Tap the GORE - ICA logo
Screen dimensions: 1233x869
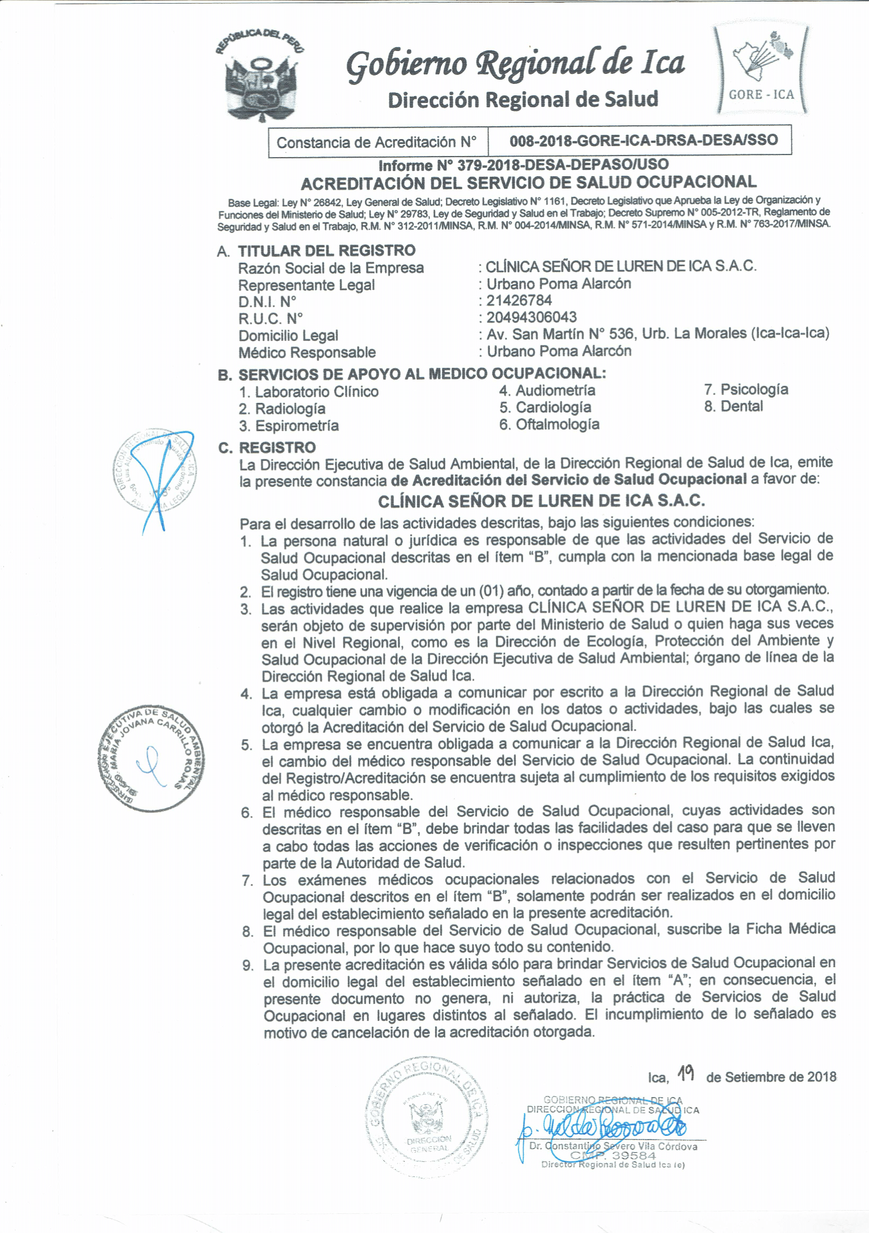(x=761, y=70)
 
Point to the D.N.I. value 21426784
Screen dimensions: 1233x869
(x=519, y=301)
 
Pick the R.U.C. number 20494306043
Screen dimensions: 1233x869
(x=531, y=318)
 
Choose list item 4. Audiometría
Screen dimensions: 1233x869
(x=547, y=390)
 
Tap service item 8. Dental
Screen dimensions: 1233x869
(x=733, y=407)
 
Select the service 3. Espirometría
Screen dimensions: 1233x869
(x=289, y=426)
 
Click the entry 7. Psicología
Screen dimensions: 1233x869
(x=746, y=389)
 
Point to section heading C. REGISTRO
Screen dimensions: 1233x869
(x=267, y=447)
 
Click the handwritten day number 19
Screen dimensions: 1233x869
(x=686, y=1074)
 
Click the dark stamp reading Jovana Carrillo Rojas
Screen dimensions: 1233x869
(x=151, y=758)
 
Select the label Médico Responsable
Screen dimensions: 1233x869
(x=306, y=353)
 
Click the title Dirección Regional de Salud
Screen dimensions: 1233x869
(x=523, y=100)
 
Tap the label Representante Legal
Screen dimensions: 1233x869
(x=306, y=285)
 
